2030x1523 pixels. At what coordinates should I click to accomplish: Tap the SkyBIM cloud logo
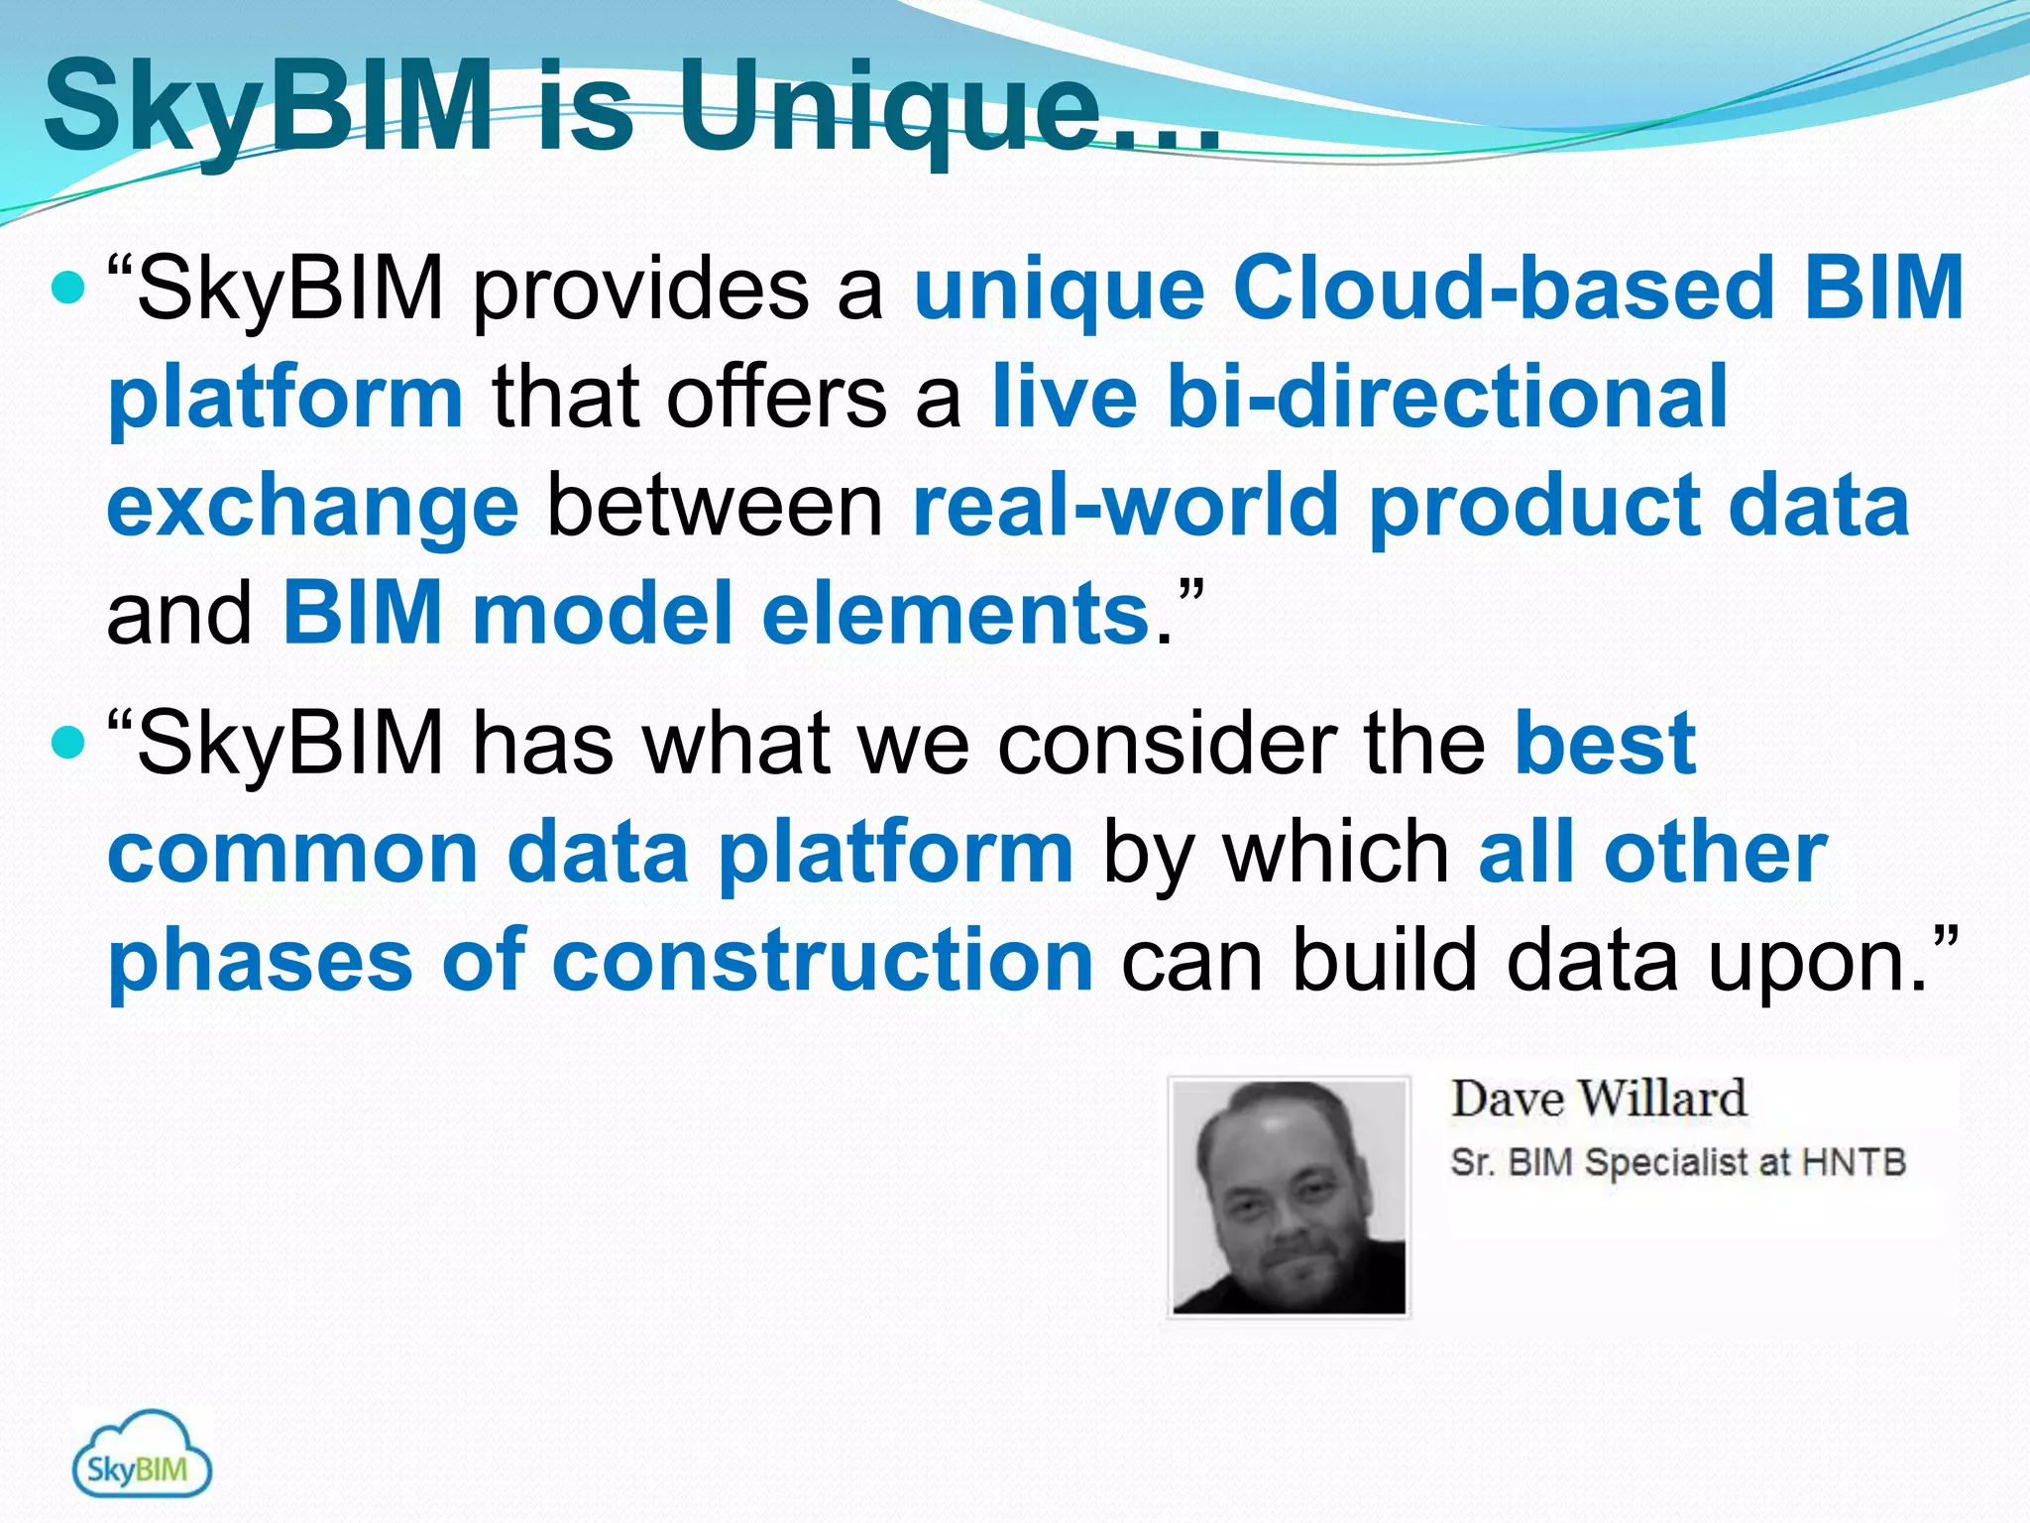tap(142, 1456)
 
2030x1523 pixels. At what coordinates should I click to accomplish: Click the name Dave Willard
tap(1598, 1100)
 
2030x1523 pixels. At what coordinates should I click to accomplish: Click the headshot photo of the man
tap(1289, 1197)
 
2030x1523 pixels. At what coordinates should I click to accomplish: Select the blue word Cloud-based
tap(1502, 289)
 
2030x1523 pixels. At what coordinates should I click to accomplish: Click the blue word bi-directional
tap(1447, 397)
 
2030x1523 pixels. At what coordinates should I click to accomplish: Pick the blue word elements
tap(955, 614)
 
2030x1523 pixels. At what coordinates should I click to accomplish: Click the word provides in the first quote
tap(639, 291)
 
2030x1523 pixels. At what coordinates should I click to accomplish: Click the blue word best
tap(1605, 744)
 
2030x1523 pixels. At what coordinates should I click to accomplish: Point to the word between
tap(715, 506)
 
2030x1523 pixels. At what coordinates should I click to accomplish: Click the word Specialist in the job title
tap(1665, 1163)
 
